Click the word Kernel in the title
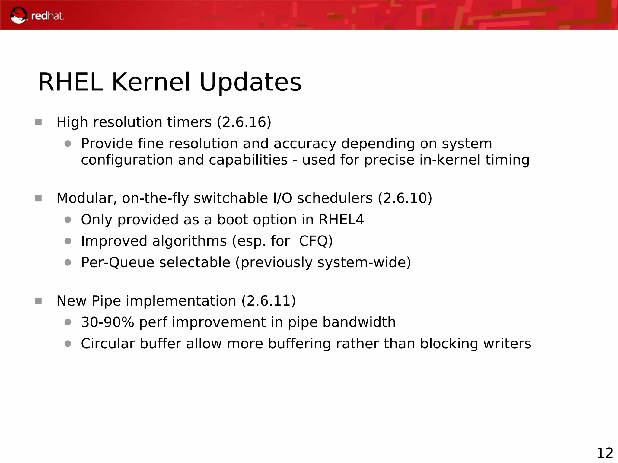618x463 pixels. coord(151,82)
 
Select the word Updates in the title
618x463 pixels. coord(250,82)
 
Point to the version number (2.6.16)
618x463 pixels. coord(244,122)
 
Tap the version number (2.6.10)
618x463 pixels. coord(405,198)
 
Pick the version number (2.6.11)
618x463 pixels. coord(268,301)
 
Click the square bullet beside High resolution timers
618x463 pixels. coord(38,122)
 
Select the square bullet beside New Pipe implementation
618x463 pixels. coord(38,301)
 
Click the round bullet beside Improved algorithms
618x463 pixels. coord(68,241)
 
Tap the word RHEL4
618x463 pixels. coord(341,220)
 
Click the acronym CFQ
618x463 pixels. coord(315,241)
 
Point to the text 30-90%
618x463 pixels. coord(107,322)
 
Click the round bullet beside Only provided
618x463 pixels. coord(68,220)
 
